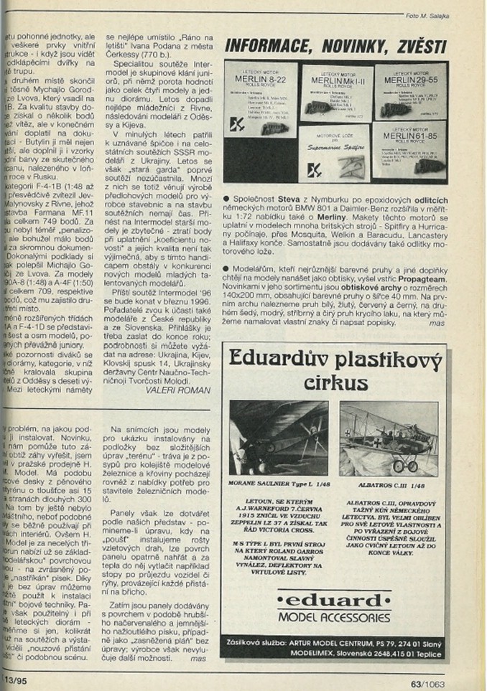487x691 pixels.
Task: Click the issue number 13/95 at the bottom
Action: [x=12, y=678]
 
